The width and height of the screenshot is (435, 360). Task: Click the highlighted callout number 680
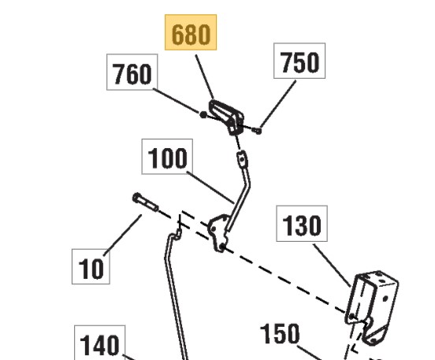pyautogui.click(x=191, y=32)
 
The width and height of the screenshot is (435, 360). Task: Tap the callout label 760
pyautogui.click(x=132, y=72)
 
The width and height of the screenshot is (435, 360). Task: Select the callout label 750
pyautogui.click(x=299, y=61)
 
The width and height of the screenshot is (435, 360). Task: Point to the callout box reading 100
pyautogui.click(x=167, y=157)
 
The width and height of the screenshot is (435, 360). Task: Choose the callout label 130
pyautogui.click(x=302, y=224)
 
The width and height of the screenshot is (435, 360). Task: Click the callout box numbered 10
pyautogui.click(x=91, y=266)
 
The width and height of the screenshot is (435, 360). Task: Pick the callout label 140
pyautogui.click(x=100, y=343)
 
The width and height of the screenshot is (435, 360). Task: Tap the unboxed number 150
pyautogui.click(x=280, y=334)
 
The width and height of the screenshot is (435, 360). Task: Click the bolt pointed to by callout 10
pyautogui.click(x=145, y=202)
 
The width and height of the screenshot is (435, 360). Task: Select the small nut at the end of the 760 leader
pyautogui.click(x=203, y=114)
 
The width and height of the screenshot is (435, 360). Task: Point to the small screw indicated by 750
pyautogui.click(x=257, y=130)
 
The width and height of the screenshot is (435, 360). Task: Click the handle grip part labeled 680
pyautogui.click(x=226, y=117)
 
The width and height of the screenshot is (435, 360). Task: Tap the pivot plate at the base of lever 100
pyautogui.click(x=218, y=232)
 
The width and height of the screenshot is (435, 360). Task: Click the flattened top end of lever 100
pyautogui.click(x=242, y=158)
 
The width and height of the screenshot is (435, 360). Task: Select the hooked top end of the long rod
pyautogui.click(x=176, y=235)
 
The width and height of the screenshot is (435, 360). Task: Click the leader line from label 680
pyautogui.click(x=204, y=77)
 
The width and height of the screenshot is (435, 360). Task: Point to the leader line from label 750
pyautogui.click(x=278, y=104)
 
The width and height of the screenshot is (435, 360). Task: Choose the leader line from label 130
pyautogui.click(x=332, y=265)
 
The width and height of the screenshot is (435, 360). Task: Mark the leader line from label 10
pyautogui.click(x=122, y=236)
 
